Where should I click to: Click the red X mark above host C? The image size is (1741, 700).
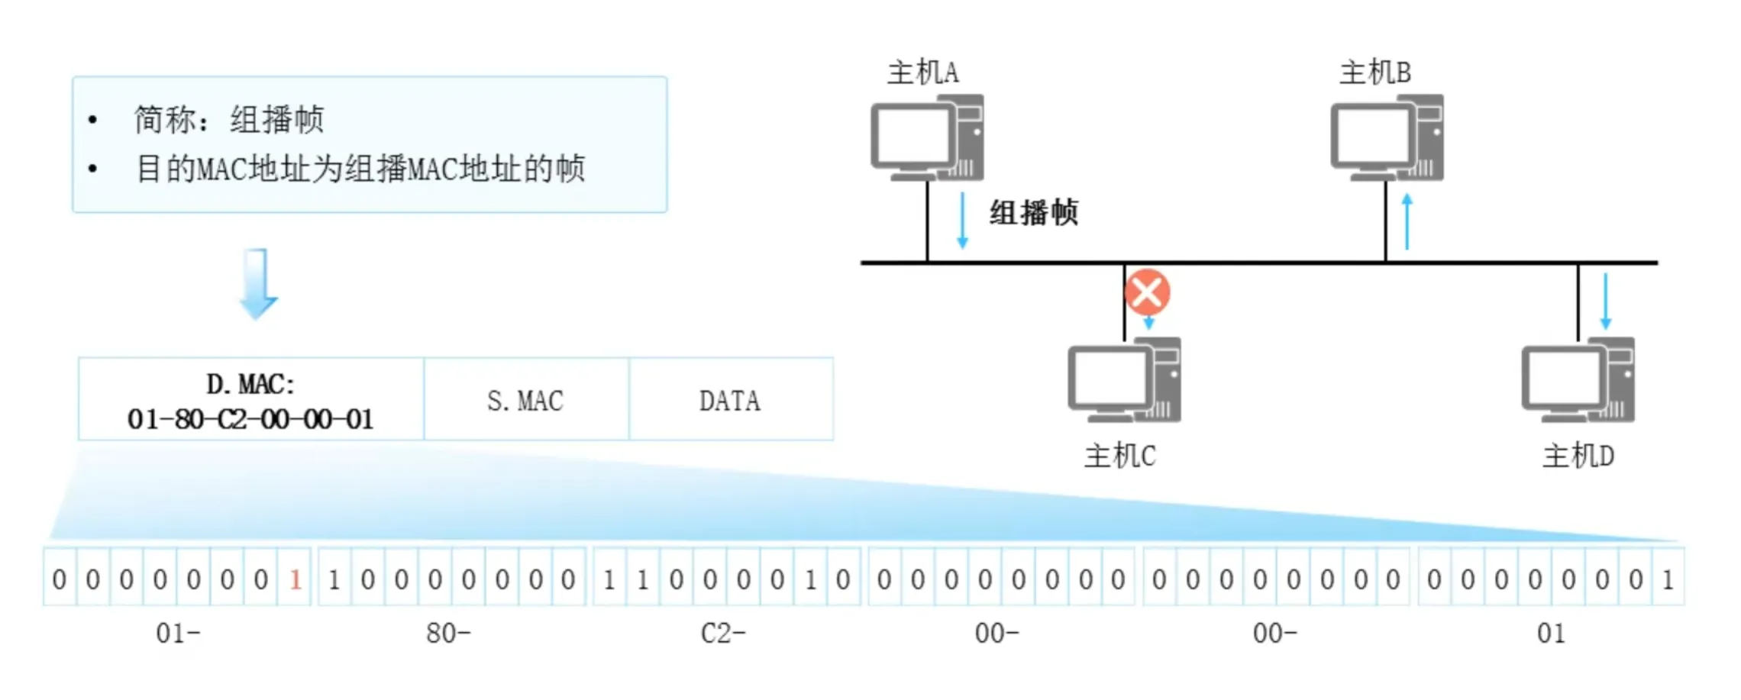pyautogui.click(x=1147, y=292)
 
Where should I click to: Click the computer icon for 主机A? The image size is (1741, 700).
pyautogui.click(x=927, y=138)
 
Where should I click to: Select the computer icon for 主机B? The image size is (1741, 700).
pyautogui.click(x=1387, y=138)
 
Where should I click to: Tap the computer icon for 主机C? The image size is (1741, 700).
pyautogui.click(x=1124, y=380)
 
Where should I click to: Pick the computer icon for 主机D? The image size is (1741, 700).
pyautogui.click(x=1578, y=380)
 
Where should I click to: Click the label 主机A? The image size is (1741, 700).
pyautogui.click(x=922, y=73)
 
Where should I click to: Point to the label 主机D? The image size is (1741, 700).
pyautogui.click(x=1578, y=456)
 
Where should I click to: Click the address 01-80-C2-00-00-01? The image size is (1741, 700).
pyautogui.click(x=250, y=419)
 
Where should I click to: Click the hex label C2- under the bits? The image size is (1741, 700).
pyautogui.click(x=722, y=633)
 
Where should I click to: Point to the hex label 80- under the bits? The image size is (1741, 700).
pyautogui.click(x=448, y=633)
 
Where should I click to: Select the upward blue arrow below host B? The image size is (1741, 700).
pyautogui.click(x=1407, y=221)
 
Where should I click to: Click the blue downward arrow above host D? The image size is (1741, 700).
pyautogui.click(x=1605, y=301)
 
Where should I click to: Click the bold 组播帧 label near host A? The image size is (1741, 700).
pyautogui.click(x=1034, y=213)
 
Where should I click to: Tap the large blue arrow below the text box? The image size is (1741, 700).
pyautogui.click(x=258, y=283)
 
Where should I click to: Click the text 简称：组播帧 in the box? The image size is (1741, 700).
pyautogui.click(x=229, y=120)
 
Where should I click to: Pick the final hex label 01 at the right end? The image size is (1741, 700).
pyautogui.click(x=1551, y=633)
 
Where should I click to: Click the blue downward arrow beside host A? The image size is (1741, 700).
pyautogui.click(x=962, y=221)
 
